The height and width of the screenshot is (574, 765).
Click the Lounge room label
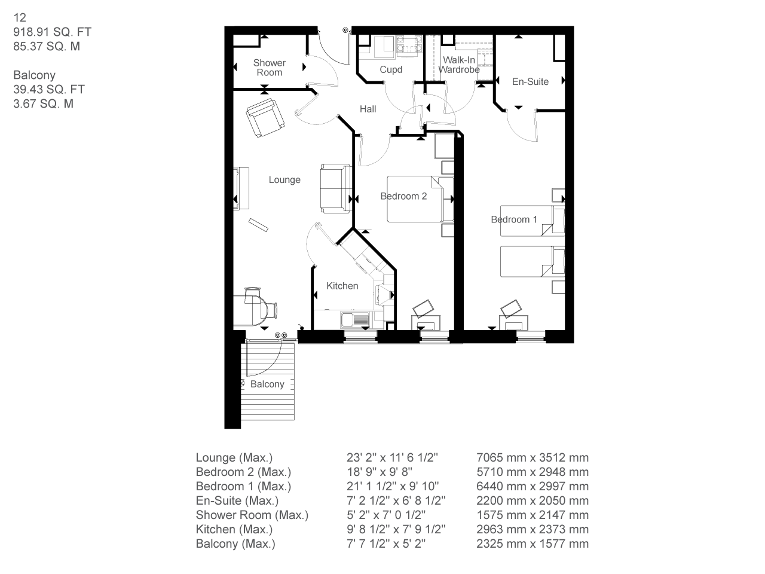[284, 180]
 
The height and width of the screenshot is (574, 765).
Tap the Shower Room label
[270, 68]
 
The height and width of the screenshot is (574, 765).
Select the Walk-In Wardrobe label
[459, 65]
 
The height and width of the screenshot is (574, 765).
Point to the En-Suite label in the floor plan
[530, 82]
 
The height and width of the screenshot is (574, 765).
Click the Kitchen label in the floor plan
[342, 286]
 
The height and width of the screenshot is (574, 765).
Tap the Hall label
[368, 109]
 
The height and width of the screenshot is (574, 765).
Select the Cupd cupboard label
[391, 70]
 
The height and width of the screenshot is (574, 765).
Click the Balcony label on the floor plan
[267, 384]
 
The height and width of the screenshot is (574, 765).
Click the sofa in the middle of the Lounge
[335, 188]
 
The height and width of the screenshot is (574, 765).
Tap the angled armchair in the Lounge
[265, 117]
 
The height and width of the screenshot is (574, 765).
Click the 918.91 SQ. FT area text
[53, 32]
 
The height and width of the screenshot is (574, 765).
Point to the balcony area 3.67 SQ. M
[44, 104]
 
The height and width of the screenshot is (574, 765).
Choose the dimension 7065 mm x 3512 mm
[533, 458]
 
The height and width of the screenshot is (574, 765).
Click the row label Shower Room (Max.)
[252, 515]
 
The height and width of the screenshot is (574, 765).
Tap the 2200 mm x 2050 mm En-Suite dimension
[533, 501]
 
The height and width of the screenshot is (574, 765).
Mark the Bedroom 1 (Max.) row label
[243, 487]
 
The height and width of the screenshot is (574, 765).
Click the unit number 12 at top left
[20, 18]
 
